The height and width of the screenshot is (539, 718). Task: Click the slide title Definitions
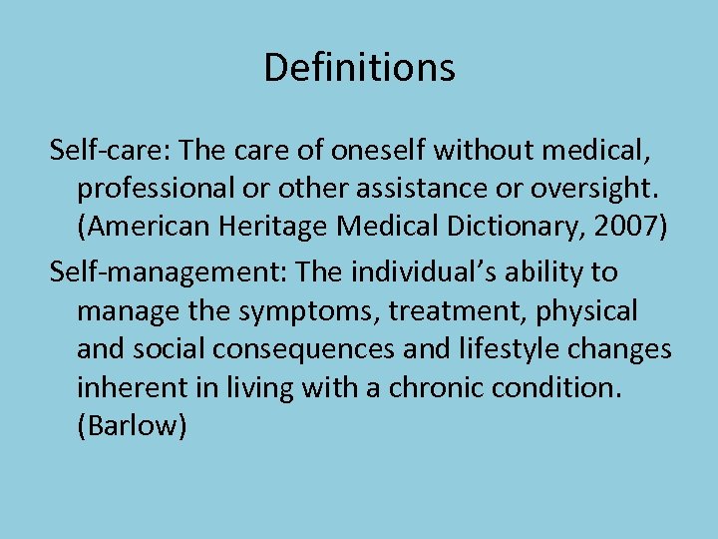(x=359, y=68)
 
